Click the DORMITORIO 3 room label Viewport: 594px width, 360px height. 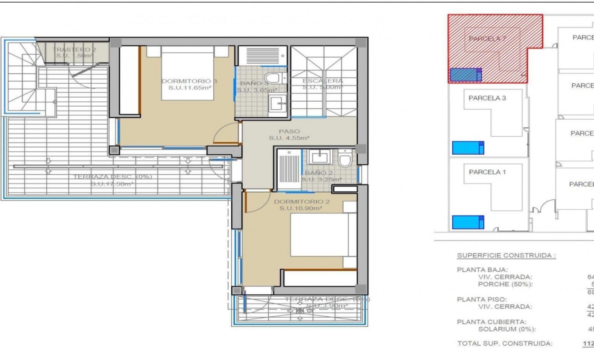click(x=189, y=81)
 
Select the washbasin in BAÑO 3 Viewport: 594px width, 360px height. click(x=277, y=104)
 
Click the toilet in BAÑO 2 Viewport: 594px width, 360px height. click(x=346, y=160)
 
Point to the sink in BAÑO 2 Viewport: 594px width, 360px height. click(x=320, y=157)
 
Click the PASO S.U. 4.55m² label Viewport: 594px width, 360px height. click(x=289, y=135)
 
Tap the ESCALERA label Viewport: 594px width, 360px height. click(x=323, y=81)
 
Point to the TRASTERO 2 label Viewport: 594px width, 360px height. click(x=74, y=49)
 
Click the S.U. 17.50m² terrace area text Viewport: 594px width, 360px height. click(x=112, y=184)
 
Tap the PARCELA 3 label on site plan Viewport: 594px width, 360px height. click(x=487, y=98)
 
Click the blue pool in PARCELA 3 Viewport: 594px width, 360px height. click(x=468, y=148)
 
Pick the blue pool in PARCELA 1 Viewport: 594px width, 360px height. click(x=468, y=222)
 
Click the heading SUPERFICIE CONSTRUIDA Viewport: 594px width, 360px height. click(x=506, y=256)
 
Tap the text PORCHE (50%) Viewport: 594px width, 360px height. click(x=506, y=284)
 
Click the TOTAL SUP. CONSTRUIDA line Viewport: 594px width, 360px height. click(x=505, y=344)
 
